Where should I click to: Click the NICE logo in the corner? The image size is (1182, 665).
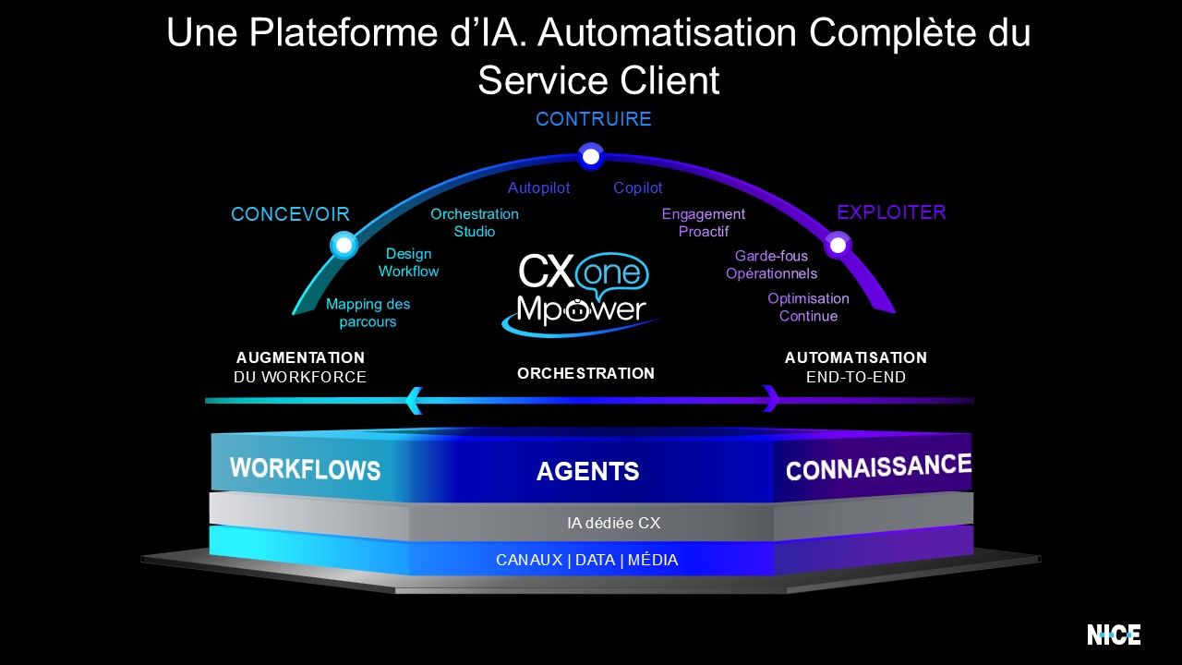click(x=1114, y=635)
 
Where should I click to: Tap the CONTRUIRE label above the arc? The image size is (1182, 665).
click(x=594, y=119)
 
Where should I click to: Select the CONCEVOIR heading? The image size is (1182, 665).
click(x=290, y=214)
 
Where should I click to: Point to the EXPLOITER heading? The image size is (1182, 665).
click(x=891, y=212)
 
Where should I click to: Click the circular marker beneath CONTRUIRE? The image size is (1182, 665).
click(x=591, y=157)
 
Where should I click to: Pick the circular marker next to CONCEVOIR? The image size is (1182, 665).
click(x=344, y=245)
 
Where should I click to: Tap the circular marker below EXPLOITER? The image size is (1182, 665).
click(x=838, y=245)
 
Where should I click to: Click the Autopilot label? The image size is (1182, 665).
click(x=538, y=187)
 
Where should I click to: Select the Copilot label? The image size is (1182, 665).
click(x=637, y=187)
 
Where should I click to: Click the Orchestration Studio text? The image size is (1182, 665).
click(x=475, y=223)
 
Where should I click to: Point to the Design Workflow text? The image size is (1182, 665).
click(x=408, y=262)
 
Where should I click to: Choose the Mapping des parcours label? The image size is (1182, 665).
click(x=368, y=312)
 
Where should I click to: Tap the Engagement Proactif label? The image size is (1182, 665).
click(x=703, y=223)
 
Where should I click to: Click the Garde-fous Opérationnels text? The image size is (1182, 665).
click(x=771, y=264)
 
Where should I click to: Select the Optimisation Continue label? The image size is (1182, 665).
click(x=808, y=307)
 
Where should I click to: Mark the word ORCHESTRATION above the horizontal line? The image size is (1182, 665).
click(x=585, y=373)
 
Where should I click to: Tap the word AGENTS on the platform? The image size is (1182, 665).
click(x=587, y=472)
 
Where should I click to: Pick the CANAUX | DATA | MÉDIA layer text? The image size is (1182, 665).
click(x=586, y=560)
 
